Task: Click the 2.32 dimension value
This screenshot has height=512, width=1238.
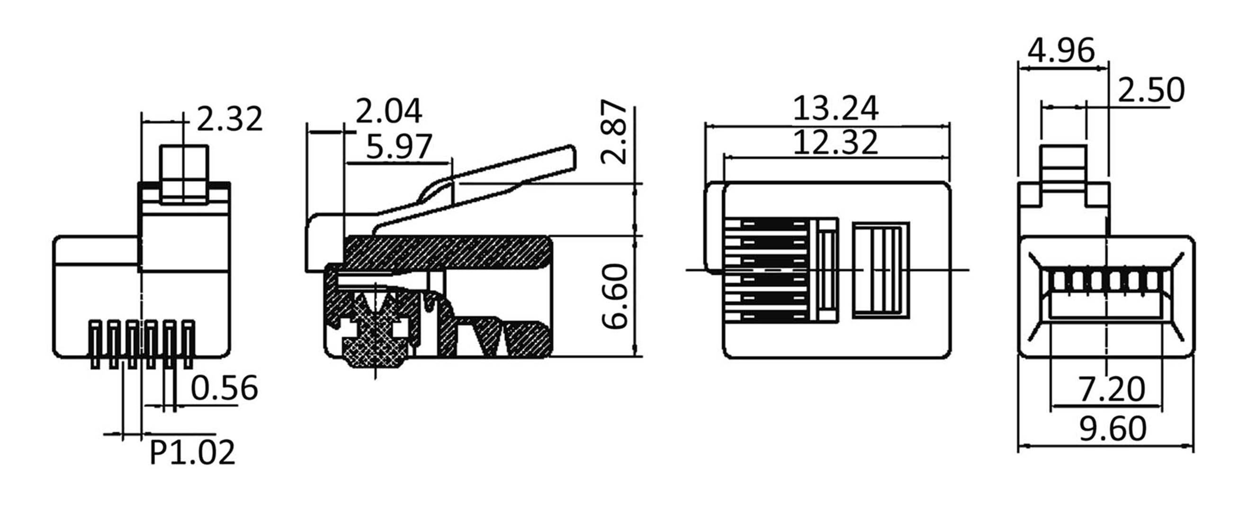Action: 230,119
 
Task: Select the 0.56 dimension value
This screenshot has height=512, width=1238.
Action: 224,388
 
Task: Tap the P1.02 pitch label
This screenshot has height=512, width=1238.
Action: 192,452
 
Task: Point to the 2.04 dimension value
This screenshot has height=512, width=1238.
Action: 388,111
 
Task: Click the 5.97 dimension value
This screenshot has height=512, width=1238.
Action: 399,147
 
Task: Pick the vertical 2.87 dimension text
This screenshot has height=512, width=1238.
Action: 615,132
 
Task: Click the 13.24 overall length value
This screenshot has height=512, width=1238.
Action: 835,109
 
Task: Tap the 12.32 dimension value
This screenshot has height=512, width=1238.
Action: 835,142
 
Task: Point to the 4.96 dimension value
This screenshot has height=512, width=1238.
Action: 1061,51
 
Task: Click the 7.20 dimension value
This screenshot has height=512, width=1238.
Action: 1112,389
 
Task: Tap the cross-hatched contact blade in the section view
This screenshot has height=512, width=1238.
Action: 375,336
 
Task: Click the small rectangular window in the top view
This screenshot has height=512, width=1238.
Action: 880,270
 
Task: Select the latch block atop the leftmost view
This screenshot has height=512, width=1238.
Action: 185,174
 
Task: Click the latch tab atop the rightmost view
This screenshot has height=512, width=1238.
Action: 1063,168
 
